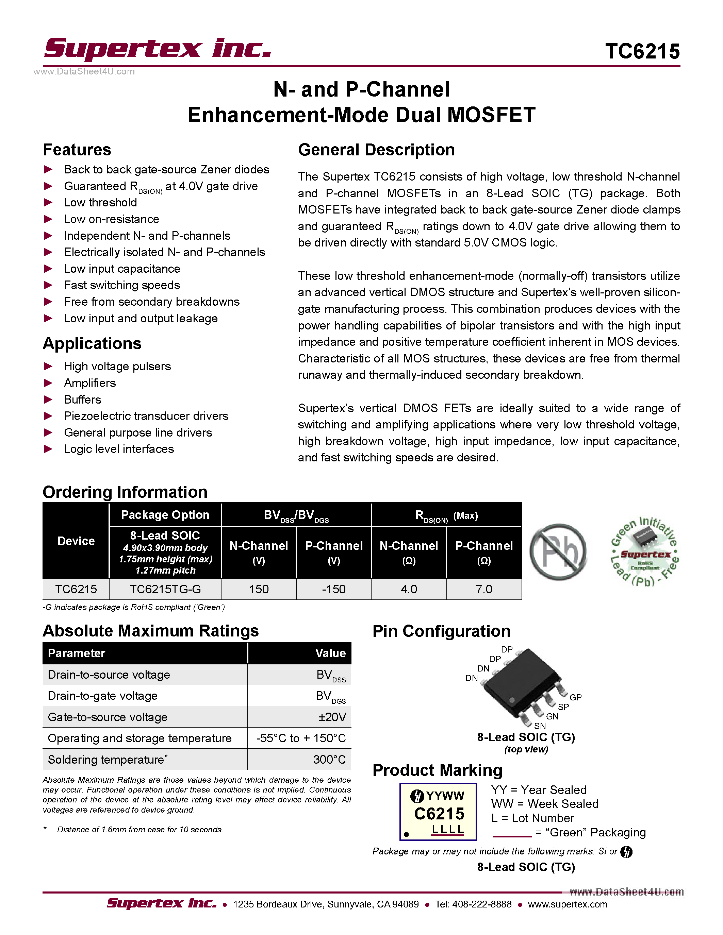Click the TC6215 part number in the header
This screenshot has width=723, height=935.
pyautogui.click(x=642, y=51)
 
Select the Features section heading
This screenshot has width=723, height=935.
pyautogui.click(x=77, y=150)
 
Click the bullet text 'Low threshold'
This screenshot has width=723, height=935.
pyautogui.click(x=100, y=203)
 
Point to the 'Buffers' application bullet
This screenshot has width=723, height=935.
pyautogui.click(x=82, y=400)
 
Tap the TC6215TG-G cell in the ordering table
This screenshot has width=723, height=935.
pyautogui.click(x=165, y=589)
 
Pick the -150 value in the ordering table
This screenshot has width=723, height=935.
pyautogui.click(x=334, y=589)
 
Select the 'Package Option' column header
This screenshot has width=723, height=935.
pyautogui.click(x=165, y=515)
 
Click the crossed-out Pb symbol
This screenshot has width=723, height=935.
pyautogui.click(x=558, y=551)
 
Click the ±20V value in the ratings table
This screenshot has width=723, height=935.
pyautogui.click(x=332, y=717)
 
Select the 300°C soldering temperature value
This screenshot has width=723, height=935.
pyautogui.click(x=329, y=760)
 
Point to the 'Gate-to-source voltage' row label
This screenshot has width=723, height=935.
pyautogui.click(x=108, y=717)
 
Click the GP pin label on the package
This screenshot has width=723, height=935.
pyautogui.click(x=575, y=697)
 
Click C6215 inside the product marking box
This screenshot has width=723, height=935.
pyautogui.click(x=439, y=813)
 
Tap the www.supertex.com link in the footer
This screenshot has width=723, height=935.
pyautogui.click(x=568, y=904)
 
